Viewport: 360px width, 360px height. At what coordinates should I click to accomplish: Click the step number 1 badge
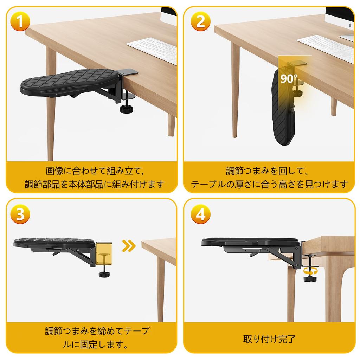click(21, 22)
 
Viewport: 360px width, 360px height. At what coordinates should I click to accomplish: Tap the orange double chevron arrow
click(129, 246)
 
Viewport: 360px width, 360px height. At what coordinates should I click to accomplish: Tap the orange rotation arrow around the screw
click(309, 271)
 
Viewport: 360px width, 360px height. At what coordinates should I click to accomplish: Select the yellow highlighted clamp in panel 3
click(104, 253)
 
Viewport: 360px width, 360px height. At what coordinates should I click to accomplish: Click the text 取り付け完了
click(269, 339)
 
